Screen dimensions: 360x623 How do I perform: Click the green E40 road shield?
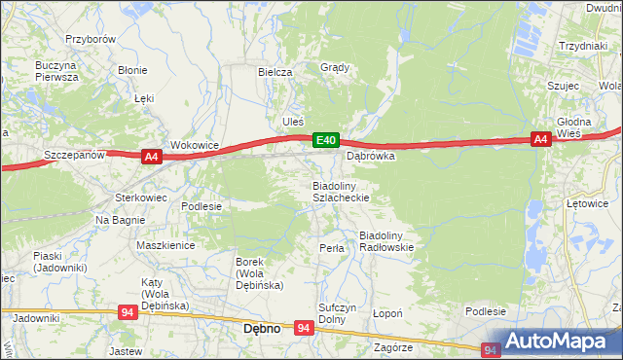click(326, 142)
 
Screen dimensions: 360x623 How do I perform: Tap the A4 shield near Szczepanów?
click(150, 156)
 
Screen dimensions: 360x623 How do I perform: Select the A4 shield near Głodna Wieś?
click(542, 140)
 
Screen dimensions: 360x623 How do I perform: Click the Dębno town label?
click(260, 329)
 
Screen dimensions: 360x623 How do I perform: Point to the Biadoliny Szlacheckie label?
click(340, 191)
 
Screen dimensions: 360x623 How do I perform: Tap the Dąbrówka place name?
click(370, 156)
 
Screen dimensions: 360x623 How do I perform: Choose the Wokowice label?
click(195, 145)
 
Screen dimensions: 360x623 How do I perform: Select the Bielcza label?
click(275, 73)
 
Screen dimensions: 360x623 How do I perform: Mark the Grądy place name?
click(335, 68)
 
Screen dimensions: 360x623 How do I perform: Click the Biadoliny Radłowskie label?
click(387, 241)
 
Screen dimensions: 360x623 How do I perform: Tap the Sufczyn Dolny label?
click(333, 313)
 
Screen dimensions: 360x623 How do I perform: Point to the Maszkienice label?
click(165, 246)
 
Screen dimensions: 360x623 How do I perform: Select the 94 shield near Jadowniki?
click(128, 312)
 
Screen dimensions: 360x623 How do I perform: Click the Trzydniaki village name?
click(583, 47)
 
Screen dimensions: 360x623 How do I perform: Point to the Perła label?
click(332, 248)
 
